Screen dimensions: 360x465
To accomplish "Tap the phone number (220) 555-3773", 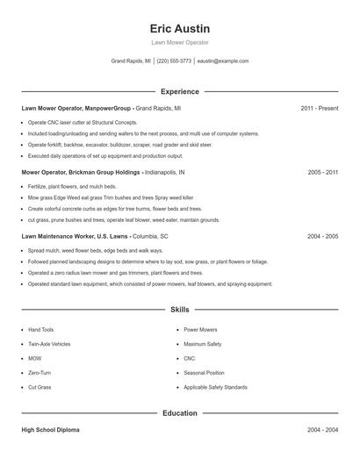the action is (x=174, y=61).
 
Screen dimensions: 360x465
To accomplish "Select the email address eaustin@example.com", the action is (x=223, y=61).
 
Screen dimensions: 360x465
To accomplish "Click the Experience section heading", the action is (x=180, y=91).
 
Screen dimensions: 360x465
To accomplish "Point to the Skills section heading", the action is (x=180, y=310).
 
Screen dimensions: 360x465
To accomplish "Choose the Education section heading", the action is (x=180, y=412).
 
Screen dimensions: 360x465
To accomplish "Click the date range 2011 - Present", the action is (x=320, y=108).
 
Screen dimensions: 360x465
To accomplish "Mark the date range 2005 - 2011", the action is (x=323, y=173).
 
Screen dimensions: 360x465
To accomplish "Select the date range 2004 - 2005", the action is (x=323, y=237).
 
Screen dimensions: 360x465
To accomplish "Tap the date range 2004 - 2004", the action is (x=323, y=430).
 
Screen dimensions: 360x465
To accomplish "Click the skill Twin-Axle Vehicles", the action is (x=49, y=344).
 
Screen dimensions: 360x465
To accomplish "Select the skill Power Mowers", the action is (x=201, y=330).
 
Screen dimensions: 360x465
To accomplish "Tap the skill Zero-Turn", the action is (x=39, y=373).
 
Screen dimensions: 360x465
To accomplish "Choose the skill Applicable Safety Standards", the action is (x=214, y=387).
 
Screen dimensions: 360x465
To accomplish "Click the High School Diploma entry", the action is (x=52, y=430).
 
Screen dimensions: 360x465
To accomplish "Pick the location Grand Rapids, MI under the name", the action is (x=131, y=61).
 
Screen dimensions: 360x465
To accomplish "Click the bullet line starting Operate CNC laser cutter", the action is (x=83, y=123).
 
